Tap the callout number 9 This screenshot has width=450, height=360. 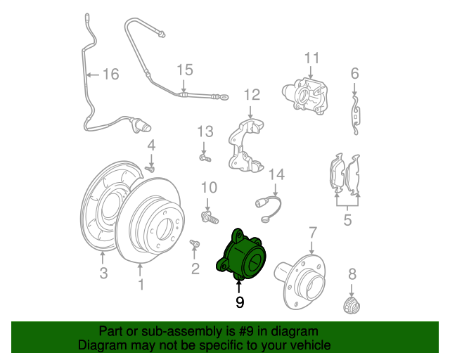240,302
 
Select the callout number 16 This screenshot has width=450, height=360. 111,74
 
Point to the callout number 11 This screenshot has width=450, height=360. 311,58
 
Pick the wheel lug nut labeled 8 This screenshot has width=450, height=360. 352,306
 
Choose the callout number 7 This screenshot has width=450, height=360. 313,231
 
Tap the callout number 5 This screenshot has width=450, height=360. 347,221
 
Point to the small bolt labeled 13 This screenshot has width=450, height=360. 205,159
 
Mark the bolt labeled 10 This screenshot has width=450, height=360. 208,215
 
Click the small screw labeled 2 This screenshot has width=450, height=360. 194,245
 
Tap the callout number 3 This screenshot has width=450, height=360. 103,273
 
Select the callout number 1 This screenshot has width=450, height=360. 141,284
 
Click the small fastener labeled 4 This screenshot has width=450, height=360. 150,168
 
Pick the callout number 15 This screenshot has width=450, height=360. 184,70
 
